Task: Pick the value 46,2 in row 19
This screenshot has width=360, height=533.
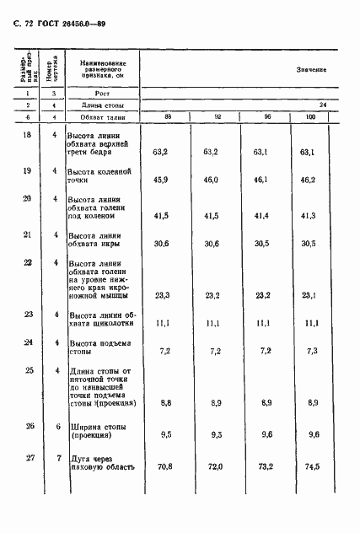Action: tap(311, 180)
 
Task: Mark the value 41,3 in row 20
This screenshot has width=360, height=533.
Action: tap(311, 217)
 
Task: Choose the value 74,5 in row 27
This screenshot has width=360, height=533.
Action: tap(311, 466)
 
